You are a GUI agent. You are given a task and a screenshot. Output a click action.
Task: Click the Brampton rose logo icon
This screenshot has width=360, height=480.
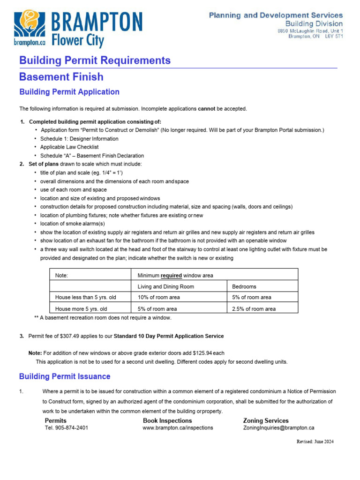(x=29, y=24)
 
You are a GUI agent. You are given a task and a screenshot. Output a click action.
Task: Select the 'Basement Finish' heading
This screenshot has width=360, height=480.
(x=61, y=76)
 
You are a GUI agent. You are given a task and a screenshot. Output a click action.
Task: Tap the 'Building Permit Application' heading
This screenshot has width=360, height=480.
(x=69, y=92)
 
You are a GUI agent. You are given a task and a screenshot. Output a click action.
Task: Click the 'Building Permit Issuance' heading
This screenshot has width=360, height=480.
(x=65, y=376)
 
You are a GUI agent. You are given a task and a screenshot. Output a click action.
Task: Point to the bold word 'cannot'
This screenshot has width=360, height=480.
(x=206, y=109)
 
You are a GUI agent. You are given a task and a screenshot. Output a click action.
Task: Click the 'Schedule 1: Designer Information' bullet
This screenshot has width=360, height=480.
(x=79, y=139)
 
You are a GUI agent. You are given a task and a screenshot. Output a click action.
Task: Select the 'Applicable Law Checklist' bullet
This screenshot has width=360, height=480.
(x=69, y=147)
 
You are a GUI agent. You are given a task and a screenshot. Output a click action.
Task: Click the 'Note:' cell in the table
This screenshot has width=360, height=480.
(x=61, y=275)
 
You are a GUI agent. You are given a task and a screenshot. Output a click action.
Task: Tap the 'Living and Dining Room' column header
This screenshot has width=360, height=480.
(x=165, y=286)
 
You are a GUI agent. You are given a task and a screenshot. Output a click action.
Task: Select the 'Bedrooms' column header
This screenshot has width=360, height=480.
(x=244, y=286)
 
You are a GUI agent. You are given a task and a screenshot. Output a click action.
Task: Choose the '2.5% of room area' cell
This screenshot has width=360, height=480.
(x=254, y=309)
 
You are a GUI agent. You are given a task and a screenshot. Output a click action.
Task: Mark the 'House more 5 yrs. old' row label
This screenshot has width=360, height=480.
(x=81, y=309)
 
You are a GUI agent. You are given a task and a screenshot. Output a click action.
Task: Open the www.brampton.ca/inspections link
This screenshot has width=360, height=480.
(x=178, y=427)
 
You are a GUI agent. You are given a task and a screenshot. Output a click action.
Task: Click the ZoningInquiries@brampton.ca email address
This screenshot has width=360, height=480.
(x=278, y=427)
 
